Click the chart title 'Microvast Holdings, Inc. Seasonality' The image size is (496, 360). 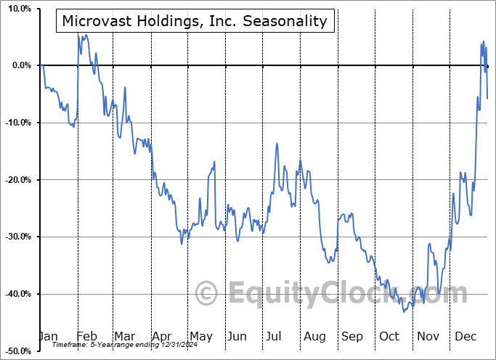(195, 21)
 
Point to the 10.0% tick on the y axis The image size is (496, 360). (17, 9)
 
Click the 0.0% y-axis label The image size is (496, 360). (20, 65)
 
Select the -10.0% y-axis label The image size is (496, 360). (17, 123)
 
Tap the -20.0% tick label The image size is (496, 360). (17, 180)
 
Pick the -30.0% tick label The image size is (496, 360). (17, 237)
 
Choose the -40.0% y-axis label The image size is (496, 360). (17, 294)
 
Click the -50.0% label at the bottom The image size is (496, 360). (17, 351)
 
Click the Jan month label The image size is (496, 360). (48, 336)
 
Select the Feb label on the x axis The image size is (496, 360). (87, 336)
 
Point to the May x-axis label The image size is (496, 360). (200, 336)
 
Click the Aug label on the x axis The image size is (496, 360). (314, 336)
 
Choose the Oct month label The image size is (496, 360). (389, 336)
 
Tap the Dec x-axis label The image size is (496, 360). (465, 336)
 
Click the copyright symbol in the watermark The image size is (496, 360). (207, 294)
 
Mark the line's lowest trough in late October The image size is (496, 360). (404, 312)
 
